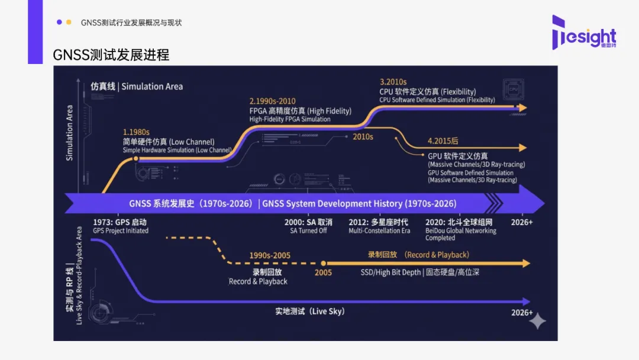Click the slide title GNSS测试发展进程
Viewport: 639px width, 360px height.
(x=111, y=55)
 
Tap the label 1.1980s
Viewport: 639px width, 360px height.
(x=136, y=131)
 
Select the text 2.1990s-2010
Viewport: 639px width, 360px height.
(x=273, y=101)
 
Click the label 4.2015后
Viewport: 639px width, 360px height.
(x=443, y=141)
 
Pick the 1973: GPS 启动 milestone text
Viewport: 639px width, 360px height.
(x=120, y=222)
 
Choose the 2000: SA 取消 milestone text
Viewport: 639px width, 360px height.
(x=309, y=222)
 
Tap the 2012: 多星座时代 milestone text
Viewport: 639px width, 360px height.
(x=379, y=222)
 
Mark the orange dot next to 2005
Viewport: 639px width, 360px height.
(x=323, y=263)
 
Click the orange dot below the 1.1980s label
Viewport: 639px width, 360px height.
(x=136, y=159)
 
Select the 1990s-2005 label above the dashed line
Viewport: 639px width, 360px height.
(x=270, y=255)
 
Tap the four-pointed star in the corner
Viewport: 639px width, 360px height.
(x=537, y=322)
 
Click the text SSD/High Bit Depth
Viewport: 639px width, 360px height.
(x=390, y=272)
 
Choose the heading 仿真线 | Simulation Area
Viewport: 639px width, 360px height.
(x=137, y=86)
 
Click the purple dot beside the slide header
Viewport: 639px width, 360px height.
(x=59, y=22)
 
